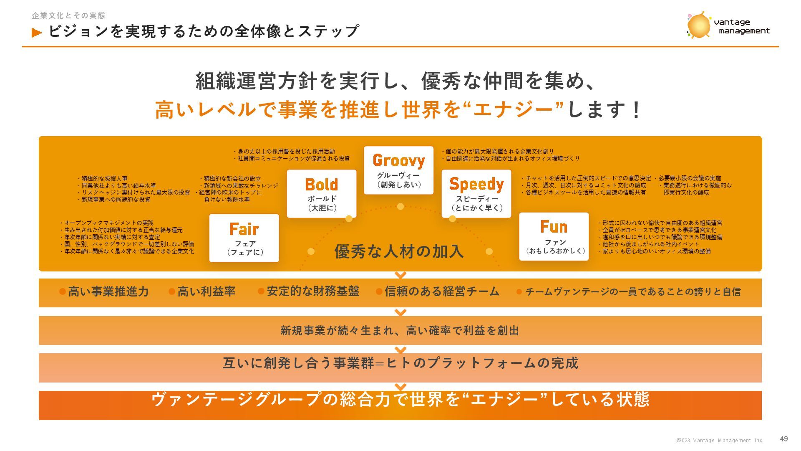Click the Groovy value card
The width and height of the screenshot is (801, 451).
[398, 170]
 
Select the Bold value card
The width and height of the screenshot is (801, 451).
[322, 194]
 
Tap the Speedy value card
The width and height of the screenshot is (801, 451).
[476, 194]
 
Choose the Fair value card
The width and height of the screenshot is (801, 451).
[244, 238]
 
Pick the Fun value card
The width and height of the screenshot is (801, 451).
[554, 237]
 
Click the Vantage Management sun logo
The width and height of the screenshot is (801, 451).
[699, 25]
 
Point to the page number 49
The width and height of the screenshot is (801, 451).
[784, 439]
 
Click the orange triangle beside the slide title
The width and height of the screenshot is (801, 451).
[37, 33]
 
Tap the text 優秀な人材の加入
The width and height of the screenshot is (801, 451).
[399, 251]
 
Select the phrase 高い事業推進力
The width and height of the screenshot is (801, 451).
[108, 291]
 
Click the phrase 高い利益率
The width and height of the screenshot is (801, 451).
[207, 291]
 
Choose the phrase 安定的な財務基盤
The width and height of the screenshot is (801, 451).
[313, 291]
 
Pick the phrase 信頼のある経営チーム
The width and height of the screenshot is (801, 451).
[442, 291]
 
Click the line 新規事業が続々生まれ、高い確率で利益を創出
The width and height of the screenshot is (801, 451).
[400, 331]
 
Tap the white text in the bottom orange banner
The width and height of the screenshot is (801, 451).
[400, 400]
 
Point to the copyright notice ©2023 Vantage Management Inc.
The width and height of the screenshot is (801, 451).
[720, 441]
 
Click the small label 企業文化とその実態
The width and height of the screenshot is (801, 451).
[69, 16]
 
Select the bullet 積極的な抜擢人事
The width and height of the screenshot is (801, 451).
[105, 179]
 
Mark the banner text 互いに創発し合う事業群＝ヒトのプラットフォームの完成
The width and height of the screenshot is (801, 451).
[400, 363]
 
